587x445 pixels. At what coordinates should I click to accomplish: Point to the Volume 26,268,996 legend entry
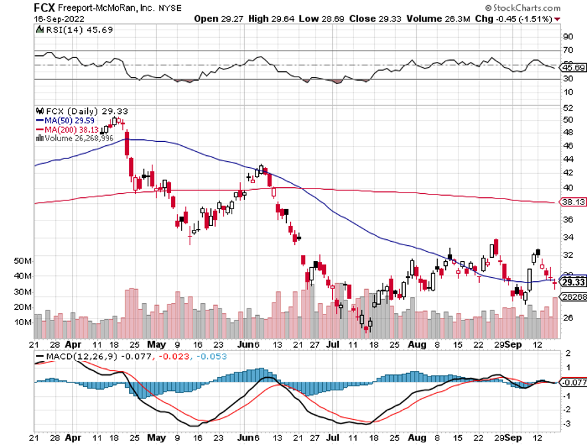pos(80,139)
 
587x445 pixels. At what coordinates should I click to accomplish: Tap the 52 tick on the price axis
pos(568,108)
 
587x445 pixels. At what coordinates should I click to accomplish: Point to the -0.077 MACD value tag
pos(573,382)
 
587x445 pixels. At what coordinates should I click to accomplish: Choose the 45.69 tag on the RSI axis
pos(573,68)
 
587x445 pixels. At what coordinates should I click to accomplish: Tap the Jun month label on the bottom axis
pos(247,345)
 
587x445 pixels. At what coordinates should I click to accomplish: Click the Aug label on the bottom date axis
pos(417,345)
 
